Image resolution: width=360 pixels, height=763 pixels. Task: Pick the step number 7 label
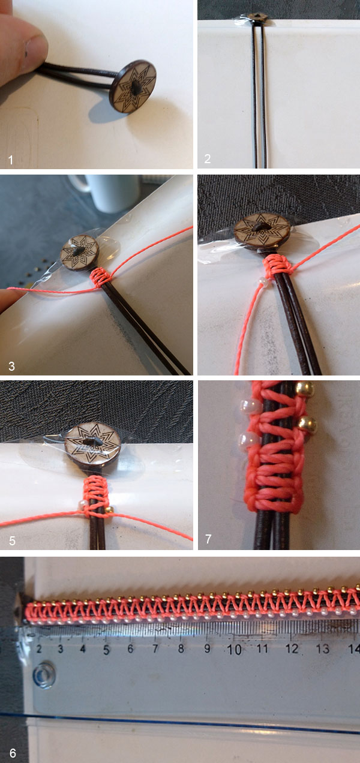point(208,539)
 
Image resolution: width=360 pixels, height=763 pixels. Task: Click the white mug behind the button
point(99,192)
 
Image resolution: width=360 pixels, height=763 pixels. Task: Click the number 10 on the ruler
point(235,649)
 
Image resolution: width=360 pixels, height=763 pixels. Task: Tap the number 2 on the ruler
point(39,648)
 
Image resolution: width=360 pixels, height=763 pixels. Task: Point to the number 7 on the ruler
point(155,648)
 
